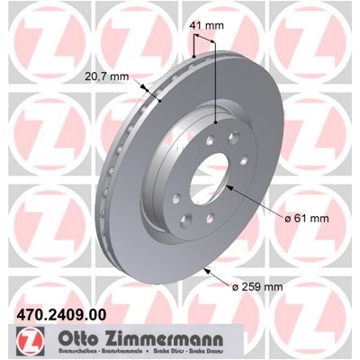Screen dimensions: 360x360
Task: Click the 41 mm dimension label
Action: (x=206, y=26)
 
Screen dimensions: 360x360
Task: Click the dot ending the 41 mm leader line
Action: (x=217, y=123)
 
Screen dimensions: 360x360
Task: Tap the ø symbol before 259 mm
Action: (x=235, y=287)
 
